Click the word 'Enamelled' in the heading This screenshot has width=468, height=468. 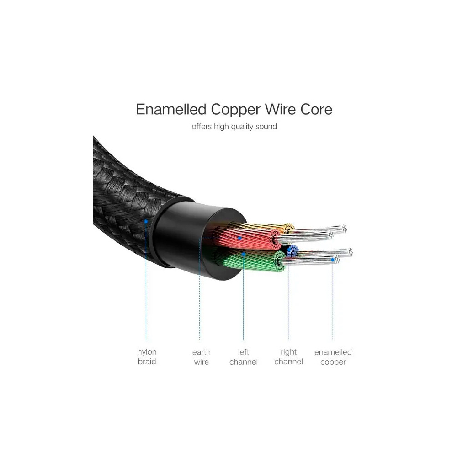coord(171,110)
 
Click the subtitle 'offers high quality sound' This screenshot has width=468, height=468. coord(234,127)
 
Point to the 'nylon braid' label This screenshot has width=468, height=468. coord(147,356)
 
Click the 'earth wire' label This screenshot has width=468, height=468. coord(201,357)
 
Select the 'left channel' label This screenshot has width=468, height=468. coord(243,357)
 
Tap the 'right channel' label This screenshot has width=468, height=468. coord(289,356)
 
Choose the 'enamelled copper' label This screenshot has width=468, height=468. coord(333,357)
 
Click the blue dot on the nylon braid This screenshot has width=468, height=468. coord(146,221)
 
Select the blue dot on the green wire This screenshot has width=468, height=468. coord(244,253)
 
